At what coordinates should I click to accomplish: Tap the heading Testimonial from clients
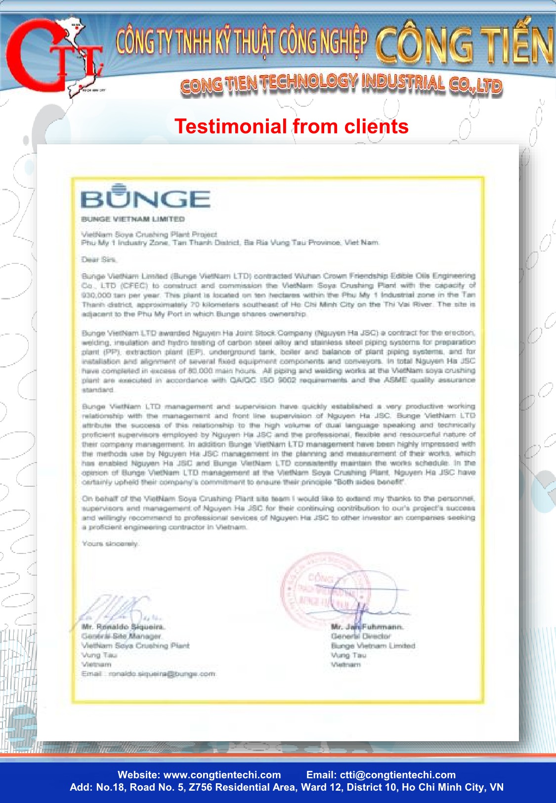coord(292,127)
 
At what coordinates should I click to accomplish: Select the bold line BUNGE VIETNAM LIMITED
coord(133,219)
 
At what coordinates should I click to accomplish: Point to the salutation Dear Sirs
coord(99,259)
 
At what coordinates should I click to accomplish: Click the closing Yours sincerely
coord(111,544)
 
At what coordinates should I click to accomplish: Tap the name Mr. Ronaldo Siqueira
coord(123,627)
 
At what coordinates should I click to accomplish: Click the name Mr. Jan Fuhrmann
coord(367,627)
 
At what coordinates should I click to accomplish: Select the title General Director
coord(361,636)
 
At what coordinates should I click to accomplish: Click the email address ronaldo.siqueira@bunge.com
coord(162,674)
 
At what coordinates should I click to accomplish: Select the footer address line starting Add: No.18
coord(287,787)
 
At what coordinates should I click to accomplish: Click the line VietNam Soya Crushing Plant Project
coord(149,234)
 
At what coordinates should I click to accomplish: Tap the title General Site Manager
coord(122,636)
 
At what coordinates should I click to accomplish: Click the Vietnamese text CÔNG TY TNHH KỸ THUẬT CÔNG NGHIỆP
coord(242,42)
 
